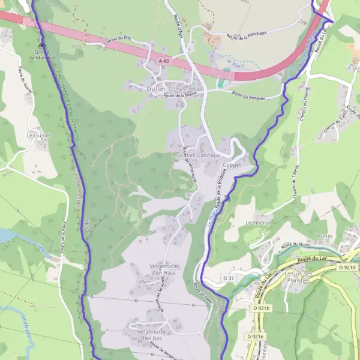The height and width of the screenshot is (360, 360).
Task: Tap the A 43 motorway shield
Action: pos(164,61)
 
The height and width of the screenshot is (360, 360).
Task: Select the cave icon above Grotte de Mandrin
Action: pos(41,46)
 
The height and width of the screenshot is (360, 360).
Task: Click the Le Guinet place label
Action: pos(38,136)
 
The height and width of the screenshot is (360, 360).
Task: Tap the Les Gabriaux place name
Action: pos(199,155)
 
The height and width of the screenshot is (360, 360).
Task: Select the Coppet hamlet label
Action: pos(232,166)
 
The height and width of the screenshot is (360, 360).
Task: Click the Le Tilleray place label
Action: pos(258,222)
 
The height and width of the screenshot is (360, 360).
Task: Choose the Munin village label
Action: pos(325,237)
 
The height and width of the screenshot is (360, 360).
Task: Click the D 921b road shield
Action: pos(262,308)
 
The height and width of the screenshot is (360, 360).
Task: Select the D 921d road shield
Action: pos(346,267)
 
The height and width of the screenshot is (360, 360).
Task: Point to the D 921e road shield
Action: pos(254,337)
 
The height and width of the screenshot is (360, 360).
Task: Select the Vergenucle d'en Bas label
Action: pos(151,335)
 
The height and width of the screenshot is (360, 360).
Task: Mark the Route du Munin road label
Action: pos(295,245)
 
